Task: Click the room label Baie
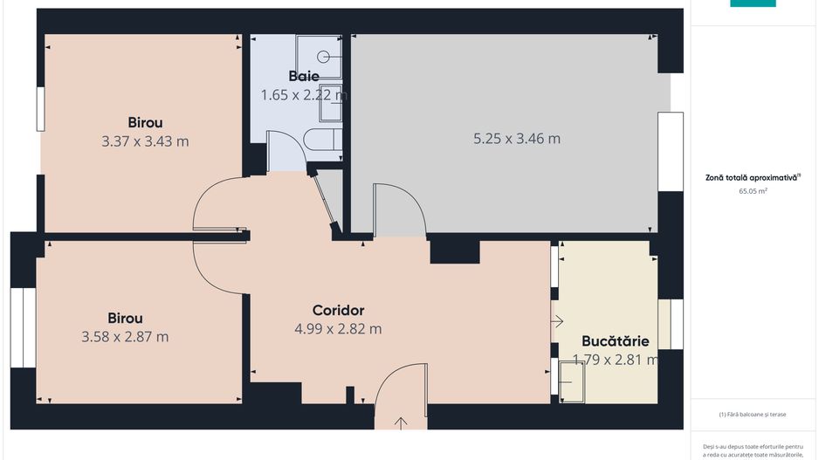pyautogui.click(x=303, y=76)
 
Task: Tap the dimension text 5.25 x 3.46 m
pyautogui.click(x=516, y=138)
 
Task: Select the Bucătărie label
pyautogui.click(x=615, y=341)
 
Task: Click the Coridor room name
pyautogui.click(x=338, y=310)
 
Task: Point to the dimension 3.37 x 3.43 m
pyautogui.click(x=145, y=141)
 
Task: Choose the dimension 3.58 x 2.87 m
pyautogui.click(x=125, y=337)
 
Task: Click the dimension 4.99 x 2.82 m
pyautogui.click(x=338, y=329)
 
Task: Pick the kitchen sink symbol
pyautogui.click(x=571, y=381)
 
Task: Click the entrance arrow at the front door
pyautogui.click(x=401, y=423)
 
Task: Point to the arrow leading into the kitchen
pyautogui.click(x=557, y=321)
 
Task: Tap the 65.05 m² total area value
pyautogui.click(x=752, y=189)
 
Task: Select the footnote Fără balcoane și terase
pyautogui.click(x=753, y=415)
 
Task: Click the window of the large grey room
pyautogui.click(x=670, y=151)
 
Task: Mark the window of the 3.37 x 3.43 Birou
pyautogui.click(x=40, y=109)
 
